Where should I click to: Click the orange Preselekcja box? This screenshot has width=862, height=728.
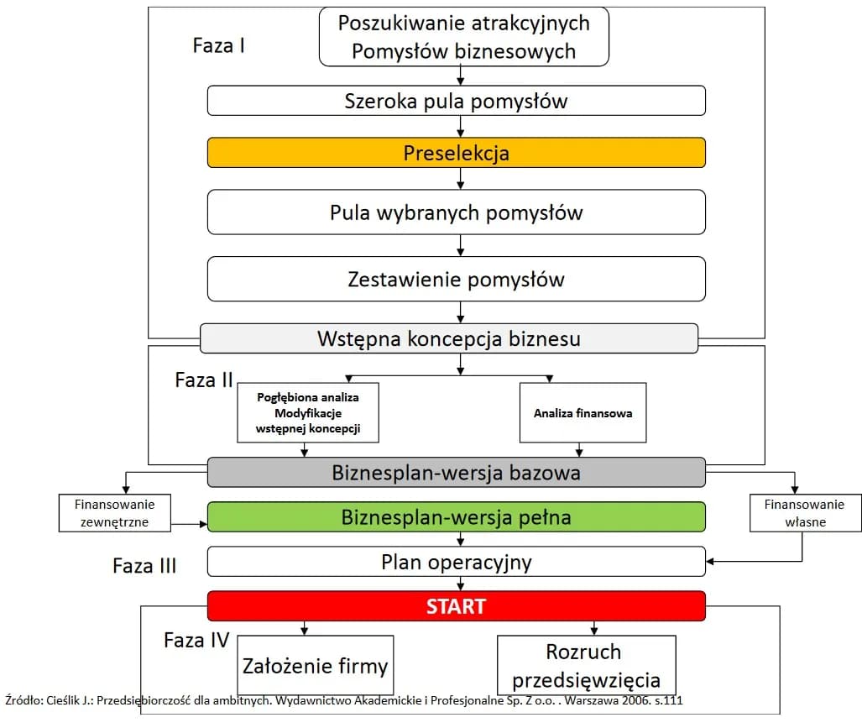(x=456, y=153)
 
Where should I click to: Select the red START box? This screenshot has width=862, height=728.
(x=456, y=606)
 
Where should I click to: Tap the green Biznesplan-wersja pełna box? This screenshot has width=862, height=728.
(x=456, y=516)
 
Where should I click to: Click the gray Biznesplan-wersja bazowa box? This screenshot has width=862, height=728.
(x=456, y=473)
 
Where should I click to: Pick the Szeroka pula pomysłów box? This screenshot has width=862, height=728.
(x=456, y=102)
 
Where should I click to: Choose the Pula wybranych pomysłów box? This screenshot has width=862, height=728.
(x=456, y=212)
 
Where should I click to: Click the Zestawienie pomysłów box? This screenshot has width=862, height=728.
(x=456, y=279)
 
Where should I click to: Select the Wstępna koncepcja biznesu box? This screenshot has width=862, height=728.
(x=449, y=339)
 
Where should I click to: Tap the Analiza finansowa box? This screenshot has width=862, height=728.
(x=583, y=413)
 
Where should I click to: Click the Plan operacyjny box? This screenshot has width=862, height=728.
(x=456, y=562)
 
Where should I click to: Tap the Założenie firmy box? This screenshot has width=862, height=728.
(x=316, y=667)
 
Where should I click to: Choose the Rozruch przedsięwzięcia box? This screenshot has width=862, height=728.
(x=586, y=665)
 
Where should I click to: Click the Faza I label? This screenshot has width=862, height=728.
(x=219, y=45)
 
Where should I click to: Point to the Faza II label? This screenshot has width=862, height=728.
(x=204, y=380)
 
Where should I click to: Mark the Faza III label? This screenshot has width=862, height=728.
(x=144, y=565)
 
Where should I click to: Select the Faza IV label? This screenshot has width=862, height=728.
(x=196, y=640)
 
